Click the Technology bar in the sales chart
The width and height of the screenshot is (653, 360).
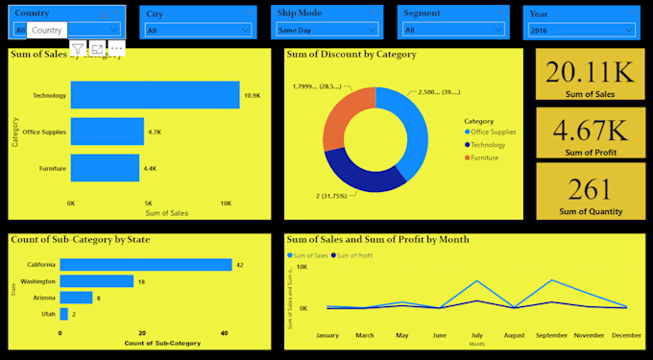(154, 95)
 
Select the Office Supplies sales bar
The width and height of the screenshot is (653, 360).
(107, 132)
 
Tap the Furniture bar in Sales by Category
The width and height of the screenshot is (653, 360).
(105, 168)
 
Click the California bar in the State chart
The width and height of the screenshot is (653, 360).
(146, 265)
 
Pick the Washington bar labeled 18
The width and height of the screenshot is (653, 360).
(96, 281)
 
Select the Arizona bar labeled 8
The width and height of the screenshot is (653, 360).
(76, 298)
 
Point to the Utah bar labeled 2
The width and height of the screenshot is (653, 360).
(63, 314)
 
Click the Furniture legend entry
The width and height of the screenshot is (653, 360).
(485, 156)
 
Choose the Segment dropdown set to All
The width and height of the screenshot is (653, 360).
(452, 30)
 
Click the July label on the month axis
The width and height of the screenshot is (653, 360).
(477, 336)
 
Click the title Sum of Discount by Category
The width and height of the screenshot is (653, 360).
(351, 55)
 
